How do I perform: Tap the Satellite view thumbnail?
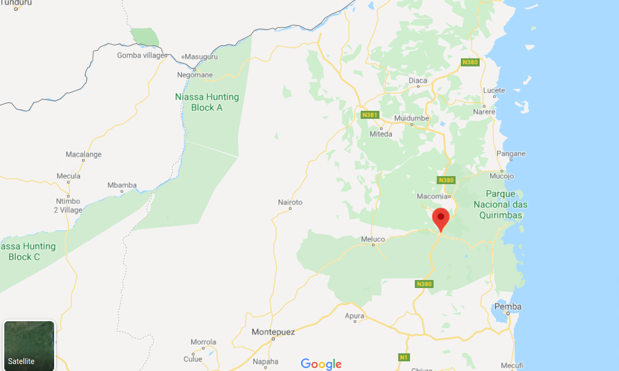(x=29, y=345)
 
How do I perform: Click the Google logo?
(x=321, y=364)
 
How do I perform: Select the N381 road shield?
(x=369, y=115)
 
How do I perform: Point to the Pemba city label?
(x=508, y=307)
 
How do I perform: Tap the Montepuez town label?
(x=273, y=332)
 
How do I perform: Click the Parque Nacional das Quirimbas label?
(x=500, y=205)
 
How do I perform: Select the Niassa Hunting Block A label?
(x=207, y=102)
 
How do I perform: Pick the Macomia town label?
(x=431, y=196)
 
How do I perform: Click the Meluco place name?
(x=373, y=239)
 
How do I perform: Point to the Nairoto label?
(x=290, y=202)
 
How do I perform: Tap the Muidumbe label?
(x=412, y=118)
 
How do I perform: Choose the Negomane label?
(x=195, y=75)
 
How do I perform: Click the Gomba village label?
(x=140, y=55)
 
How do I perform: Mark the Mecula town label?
(x=69, y=176)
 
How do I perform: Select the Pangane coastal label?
(x=511, y=154)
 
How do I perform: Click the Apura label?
(x=354, y=316)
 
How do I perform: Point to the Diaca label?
(x=418, y=80)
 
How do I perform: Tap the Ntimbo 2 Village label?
(x=68, y=206)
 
